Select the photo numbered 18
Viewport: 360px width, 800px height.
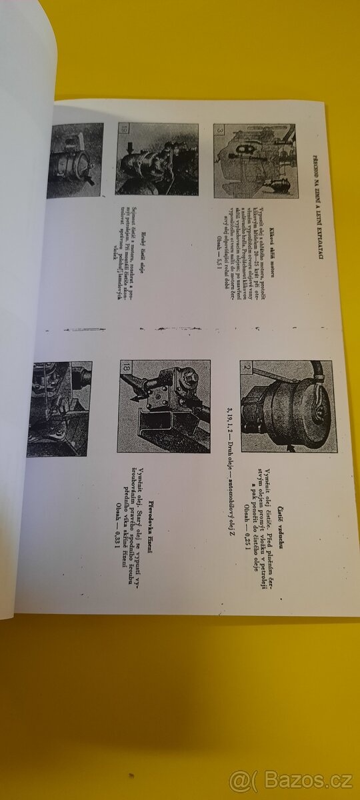164,406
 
